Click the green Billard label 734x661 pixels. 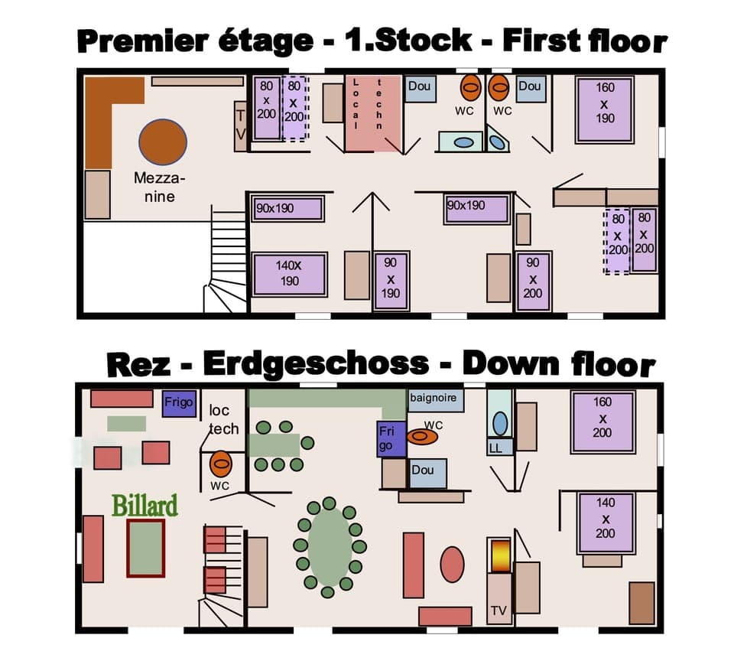click(145, 506)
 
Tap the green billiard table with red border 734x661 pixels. click(145, 548)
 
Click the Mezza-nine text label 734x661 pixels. click(159, 187)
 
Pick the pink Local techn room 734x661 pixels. click(373, 113)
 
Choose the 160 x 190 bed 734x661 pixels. click(605, 109)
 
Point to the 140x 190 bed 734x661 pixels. click(289, 274)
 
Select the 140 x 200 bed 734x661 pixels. click(605, 523)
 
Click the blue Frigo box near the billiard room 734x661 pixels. click(180, 402)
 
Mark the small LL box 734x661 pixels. click(496, 448)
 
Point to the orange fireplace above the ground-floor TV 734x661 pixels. click(499, 555)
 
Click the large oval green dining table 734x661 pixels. click(329, 546)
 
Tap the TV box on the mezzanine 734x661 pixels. click(241, 126)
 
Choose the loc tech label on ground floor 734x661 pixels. click(224, 419)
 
